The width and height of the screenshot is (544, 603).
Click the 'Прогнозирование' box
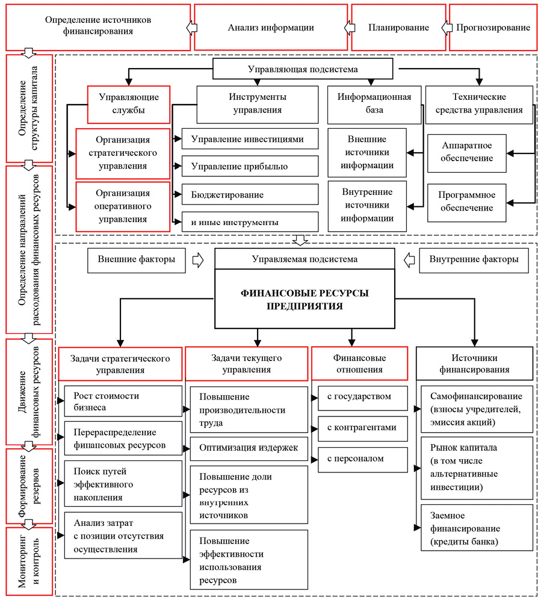pyautogui.click(x=493, y=28)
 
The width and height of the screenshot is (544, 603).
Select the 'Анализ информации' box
pyautogui.click(x=271, y=28)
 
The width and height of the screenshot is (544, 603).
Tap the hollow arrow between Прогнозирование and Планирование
pyautogui.click(x=446, y=28)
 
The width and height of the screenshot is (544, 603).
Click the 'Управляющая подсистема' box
pyautogui.click(x=303, y=69)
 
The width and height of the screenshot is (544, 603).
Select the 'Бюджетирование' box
pyautogui.click(x=250, y=195)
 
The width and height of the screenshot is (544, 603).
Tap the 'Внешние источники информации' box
pyautogui.click(x=366, y=152)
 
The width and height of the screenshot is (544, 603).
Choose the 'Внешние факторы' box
pyautogui.click(x=136, y=260)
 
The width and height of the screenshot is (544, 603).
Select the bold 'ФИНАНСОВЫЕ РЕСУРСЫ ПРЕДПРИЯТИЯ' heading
pyautogui.click(x=304, y=300)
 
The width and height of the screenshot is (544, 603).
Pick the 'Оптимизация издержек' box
pyautogui.click(x=248, y=448)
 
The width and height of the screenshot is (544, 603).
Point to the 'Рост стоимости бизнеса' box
pyautogui.click(x=123, y=401)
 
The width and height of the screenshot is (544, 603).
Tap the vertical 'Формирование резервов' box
pyautogui.click(x=28, y=485)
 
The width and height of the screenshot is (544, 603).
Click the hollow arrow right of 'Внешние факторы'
pyautogui.click(x=197, y=260)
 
